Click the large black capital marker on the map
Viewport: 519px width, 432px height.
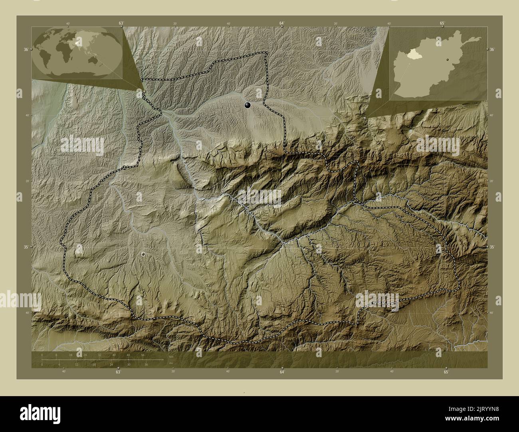coord(248,105)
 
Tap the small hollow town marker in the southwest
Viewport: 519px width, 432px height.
coord(143,254)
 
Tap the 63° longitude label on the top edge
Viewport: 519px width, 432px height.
coord(121,24)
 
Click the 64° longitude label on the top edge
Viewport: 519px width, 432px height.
coord(282,24)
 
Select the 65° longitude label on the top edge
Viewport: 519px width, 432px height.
coord(442,24)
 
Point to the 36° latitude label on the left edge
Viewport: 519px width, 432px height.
coord(26,49)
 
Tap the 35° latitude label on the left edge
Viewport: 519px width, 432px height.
coord(26,247)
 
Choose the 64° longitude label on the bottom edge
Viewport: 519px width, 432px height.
coord(282,372)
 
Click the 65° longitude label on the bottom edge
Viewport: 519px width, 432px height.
coord(446,372)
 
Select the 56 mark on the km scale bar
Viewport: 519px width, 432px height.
coord(143,355)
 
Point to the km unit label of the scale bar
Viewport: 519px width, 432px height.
coord(171,357)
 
